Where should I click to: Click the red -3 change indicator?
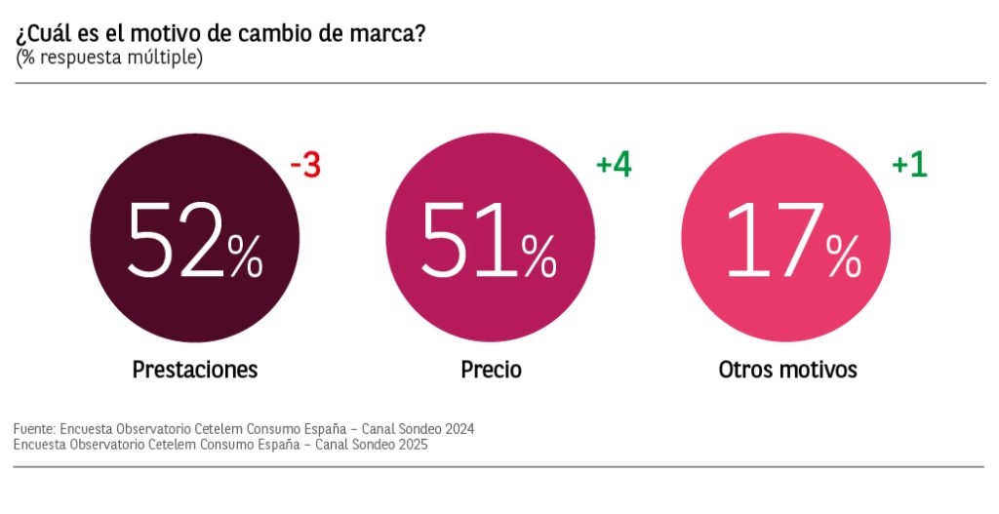[x=305, y=167]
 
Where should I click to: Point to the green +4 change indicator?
[x=614, y=165]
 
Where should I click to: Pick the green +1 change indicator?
[x=909, y=165]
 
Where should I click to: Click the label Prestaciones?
[x=195, y=370]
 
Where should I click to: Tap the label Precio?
[x=491, y=370]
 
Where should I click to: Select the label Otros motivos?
[x=787, y=370]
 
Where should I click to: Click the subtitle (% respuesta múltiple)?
[x=109, y=59]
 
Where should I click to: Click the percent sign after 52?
[x=245, y=257]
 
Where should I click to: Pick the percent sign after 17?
[x=843, y=257]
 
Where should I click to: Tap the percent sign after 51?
[x=539, y=257]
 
